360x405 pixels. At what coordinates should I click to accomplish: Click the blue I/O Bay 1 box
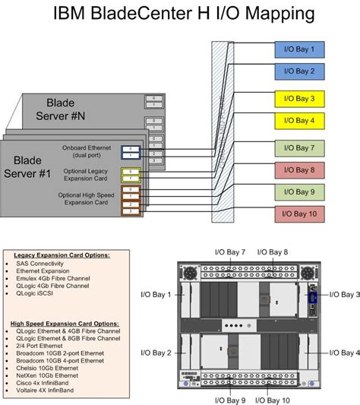tap(300, 50)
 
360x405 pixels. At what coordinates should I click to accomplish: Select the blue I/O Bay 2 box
tap(300, 71)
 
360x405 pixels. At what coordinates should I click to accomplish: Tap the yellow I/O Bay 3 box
tap(300, 99)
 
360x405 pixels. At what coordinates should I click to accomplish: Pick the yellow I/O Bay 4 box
tap(300, 120)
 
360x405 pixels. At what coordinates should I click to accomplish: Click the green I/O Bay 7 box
tap(300, 147)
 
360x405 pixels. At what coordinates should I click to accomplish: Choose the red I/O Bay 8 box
tap(300, 169)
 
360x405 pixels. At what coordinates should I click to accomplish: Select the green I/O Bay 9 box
tap(300, 191)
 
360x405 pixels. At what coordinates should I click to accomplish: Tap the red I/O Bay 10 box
tap(300, 214)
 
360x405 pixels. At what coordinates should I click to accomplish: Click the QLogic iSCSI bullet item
tap(37, 293)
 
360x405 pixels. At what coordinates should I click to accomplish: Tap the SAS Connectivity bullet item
tap(43, 262)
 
